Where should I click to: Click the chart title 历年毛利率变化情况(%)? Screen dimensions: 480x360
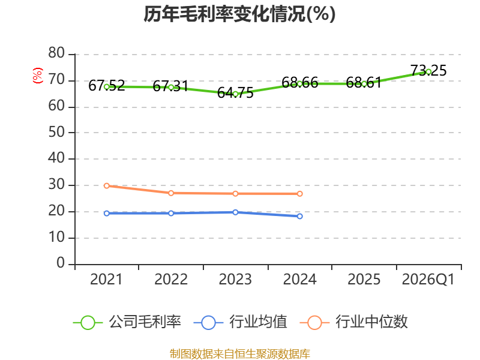click(239, 14)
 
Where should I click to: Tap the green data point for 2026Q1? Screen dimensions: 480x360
click(428, 71)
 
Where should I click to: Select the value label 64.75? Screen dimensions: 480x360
click(235, 93)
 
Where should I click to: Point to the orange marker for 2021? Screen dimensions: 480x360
click(107, 186)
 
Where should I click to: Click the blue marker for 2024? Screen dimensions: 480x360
click(299, 216)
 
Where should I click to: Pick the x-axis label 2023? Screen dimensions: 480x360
click(235, 279)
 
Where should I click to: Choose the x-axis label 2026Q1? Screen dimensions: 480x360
click(428, 279)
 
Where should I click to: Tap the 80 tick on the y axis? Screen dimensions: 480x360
click(56, 53)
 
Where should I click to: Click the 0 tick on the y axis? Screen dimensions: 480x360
click(61, 263)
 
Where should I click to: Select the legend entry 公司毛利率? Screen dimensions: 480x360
click(127, 322)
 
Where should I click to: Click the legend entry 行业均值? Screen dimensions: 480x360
click(241, 322)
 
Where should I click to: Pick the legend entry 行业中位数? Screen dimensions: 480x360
click(353, 322)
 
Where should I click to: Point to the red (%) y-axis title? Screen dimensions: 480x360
click(37, 76)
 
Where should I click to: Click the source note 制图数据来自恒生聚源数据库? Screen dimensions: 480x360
click(239, 354)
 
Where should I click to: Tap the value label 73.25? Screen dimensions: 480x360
click(428, 70)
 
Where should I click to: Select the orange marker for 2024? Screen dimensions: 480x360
click(299, 194)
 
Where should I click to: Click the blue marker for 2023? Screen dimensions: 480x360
click(235, 212)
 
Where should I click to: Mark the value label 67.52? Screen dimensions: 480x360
click(107, 86)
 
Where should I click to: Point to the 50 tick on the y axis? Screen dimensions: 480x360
click(56, 132)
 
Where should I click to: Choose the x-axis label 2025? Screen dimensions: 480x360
click(364, 279)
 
